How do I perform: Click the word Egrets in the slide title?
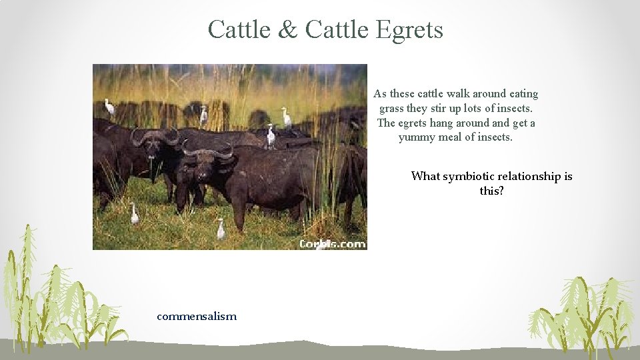coord(409,29)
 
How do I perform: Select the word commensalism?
coord(197,316)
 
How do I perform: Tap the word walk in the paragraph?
coord(467,94)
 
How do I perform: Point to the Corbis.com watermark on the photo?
coord(332,243)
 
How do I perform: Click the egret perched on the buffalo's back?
coord(271,135)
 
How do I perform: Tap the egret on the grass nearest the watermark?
coord(221,229)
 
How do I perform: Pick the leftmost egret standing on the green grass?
coord(135,213)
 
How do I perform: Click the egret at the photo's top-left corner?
coord(109,107)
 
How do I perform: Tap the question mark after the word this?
coord(501,191)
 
